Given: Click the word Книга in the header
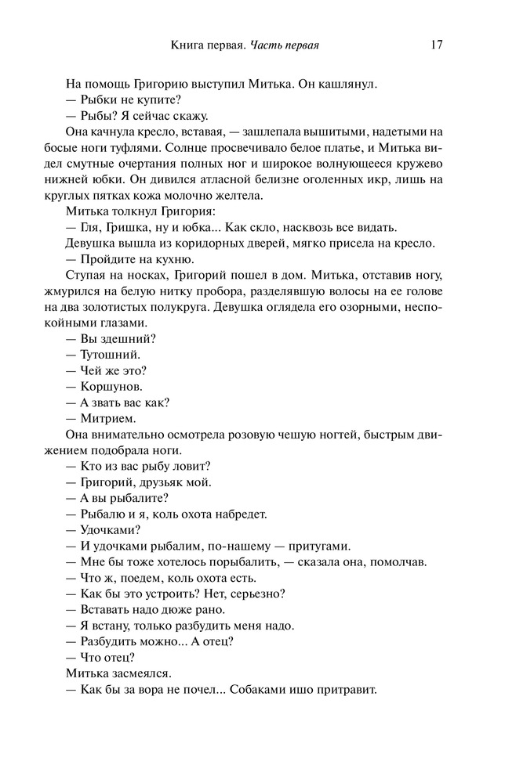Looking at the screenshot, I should coord(190,45).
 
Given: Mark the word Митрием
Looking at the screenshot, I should coord(109,418).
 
